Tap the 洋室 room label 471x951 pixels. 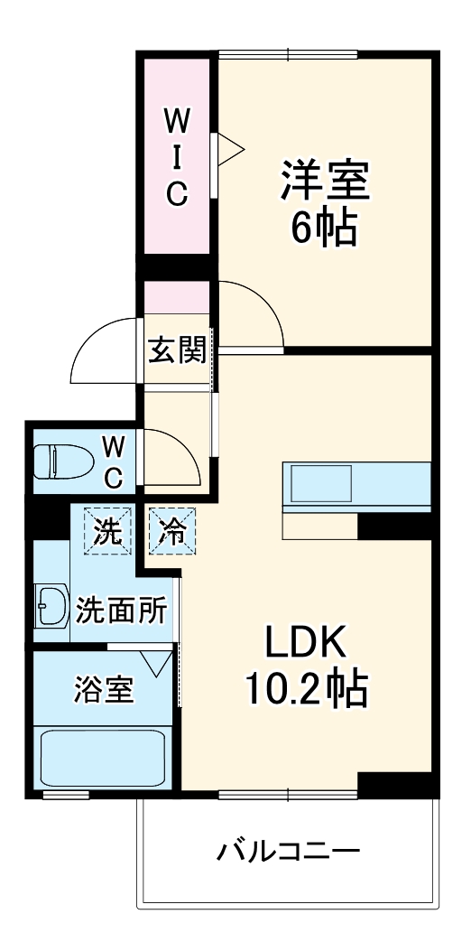tap(324, 182)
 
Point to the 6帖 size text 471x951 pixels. tap(324, 230)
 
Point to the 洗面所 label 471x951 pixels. tap(120, 611)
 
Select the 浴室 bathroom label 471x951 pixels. tap(104, 691)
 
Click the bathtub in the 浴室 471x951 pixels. tap(103, 759)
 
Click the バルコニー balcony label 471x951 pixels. tap(288, 851)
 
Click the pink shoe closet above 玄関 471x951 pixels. tap(177, 295)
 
